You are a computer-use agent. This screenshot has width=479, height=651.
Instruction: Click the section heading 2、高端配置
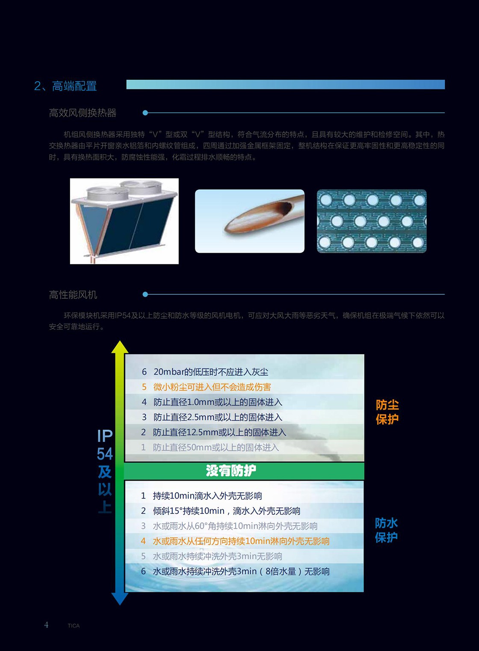click(65, 86)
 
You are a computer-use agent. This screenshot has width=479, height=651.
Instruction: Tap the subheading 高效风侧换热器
click(83, 113)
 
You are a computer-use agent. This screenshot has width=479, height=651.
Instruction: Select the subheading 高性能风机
click(73, 295)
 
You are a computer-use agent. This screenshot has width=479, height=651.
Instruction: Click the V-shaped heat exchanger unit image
click(124, 221)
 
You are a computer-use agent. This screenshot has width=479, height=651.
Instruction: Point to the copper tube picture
click(250, 221)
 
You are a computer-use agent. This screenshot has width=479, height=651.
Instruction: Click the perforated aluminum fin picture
click(372, 221)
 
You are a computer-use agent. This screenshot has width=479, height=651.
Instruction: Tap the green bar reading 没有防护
click(244, 471)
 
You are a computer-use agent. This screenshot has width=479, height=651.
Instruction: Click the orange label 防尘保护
click(387, 412)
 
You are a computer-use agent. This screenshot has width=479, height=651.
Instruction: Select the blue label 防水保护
click(386, 530)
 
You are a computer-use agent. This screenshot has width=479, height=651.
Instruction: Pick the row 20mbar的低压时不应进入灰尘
click(205, 372)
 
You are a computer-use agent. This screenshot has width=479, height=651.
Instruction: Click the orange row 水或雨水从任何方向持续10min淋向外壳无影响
click(235, 541)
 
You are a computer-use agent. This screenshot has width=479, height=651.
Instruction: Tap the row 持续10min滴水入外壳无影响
click(201, 496)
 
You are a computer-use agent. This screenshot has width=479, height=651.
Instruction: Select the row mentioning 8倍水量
click(235, 571)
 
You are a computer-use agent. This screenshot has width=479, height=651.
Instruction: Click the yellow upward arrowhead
click(119, 347)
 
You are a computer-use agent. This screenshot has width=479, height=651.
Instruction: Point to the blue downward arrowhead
click(119, 598)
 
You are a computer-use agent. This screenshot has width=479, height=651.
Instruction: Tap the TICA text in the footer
click(74, 626)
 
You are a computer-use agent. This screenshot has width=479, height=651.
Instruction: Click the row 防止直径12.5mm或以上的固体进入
click(213, 433)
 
